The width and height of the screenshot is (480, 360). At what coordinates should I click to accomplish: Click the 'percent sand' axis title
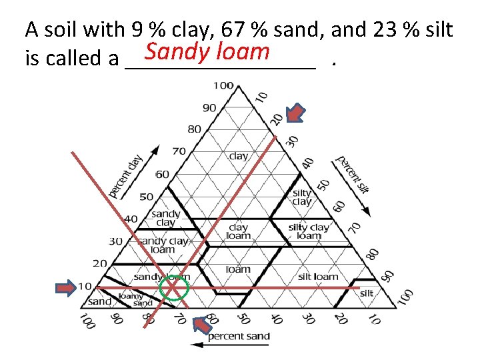pyautogui.click(x=239, y=336)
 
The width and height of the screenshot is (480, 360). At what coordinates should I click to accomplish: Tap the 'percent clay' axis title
pyautogui.click(x=127, y=175)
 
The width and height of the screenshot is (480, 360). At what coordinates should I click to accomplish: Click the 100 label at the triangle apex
pyautogui.click(x=223, y=85)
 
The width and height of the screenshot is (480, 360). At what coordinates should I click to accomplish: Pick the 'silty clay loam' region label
pyautogui.click(x=309, y=231)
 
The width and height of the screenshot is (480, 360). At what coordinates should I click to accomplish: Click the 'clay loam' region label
pyautogui.click(x=238, y=231)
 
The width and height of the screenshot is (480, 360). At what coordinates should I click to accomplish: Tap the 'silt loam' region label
pyautogui.click(x=318, y=276)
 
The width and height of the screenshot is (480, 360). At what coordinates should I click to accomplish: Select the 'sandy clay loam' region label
pyautogui.click(x=163, y=245)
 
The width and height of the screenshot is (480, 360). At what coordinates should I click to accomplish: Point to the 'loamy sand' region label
pyautogui.click(x=131, y=299)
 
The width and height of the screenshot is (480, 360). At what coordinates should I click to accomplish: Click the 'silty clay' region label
pyautogui.click(x=302, y=197)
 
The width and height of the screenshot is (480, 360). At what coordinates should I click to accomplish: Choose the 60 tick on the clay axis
pyautogui.click(x=162, y=174)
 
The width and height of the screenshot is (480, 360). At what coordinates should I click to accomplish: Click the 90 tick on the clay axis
pyautogui.click(x=209, y=107)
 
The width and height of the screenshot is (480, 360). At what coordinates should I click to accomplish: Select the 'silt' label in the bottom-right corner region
pyautogui.click(x=367, y=293)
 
